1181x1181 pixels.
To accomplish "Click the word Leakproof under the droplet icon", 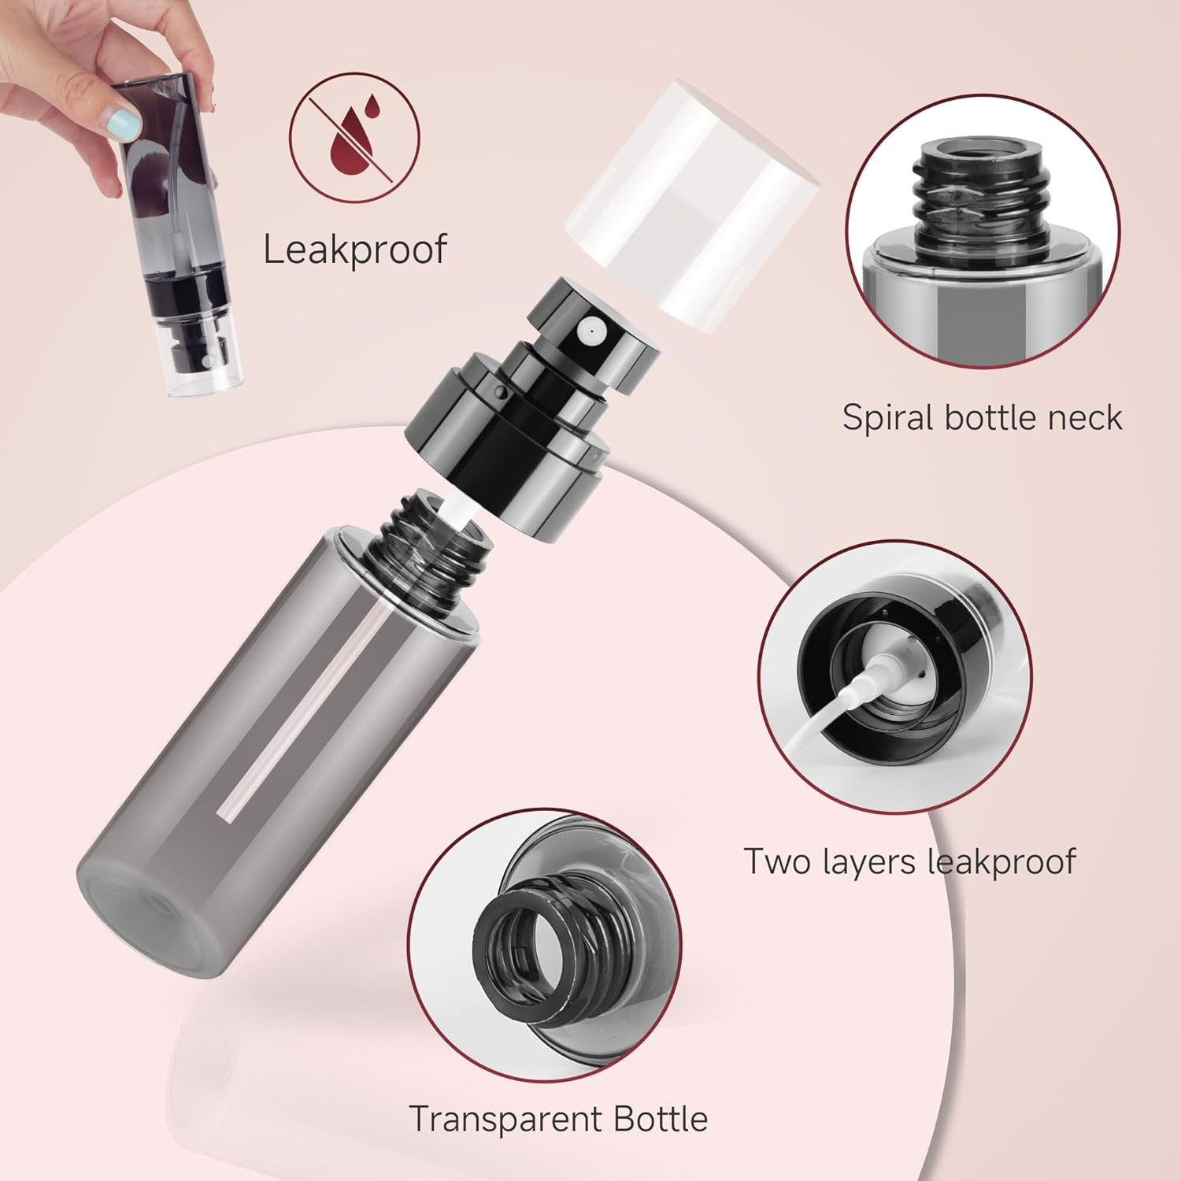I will tap(354, 250).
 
